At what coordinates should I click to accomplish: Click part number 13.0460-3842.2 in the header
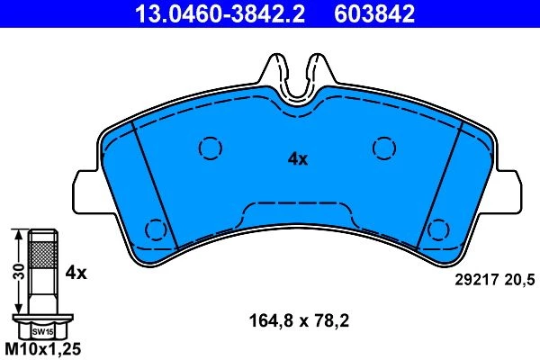pos(220,14)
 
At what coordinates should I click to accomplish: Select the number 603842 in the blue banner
pos(374,14)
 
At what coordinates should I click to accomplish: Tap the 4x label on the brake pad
pos(298,159)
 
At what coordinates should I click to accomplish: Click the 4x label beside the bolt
pos(76,274)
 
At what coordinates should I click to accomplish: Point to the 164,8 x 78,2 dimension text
pos(299,321)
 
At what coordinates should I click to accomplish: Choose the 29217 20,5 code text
pos(495,280)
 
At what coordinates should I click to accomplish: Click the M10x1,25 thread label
pos(43,349)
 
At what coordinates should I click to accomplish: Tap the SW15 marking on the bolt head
pos(42,332)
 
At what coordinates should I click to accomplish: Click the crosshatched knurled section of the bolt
pos(43,255)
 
